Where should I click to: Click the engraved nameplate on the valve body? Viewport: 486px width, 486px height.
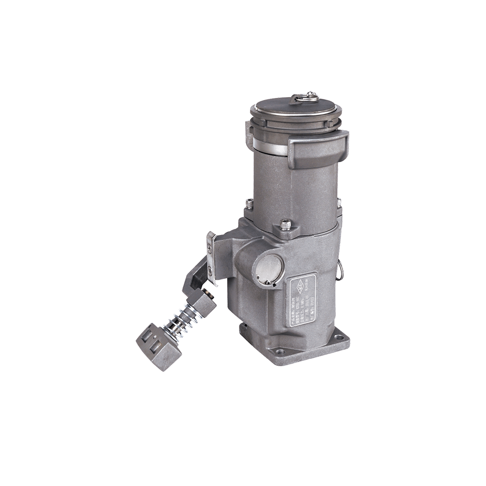(306, 298)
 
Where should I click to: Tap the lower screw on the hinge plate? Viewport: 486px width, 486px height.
(209, 271)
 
